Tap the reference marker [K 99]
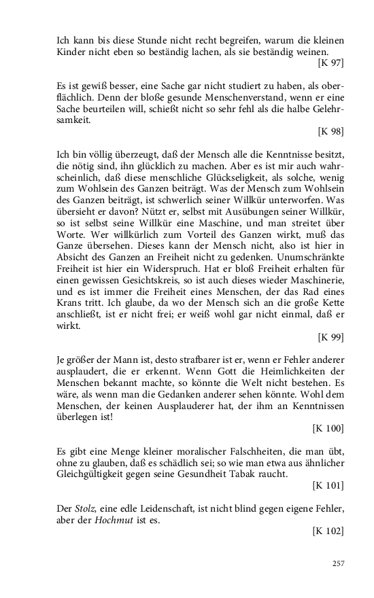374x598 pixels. (x=330, y=337)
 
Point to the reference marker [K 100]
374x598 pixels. (x=328, y=428)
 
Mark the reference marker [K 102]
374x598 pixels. (x=328, y=531)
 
